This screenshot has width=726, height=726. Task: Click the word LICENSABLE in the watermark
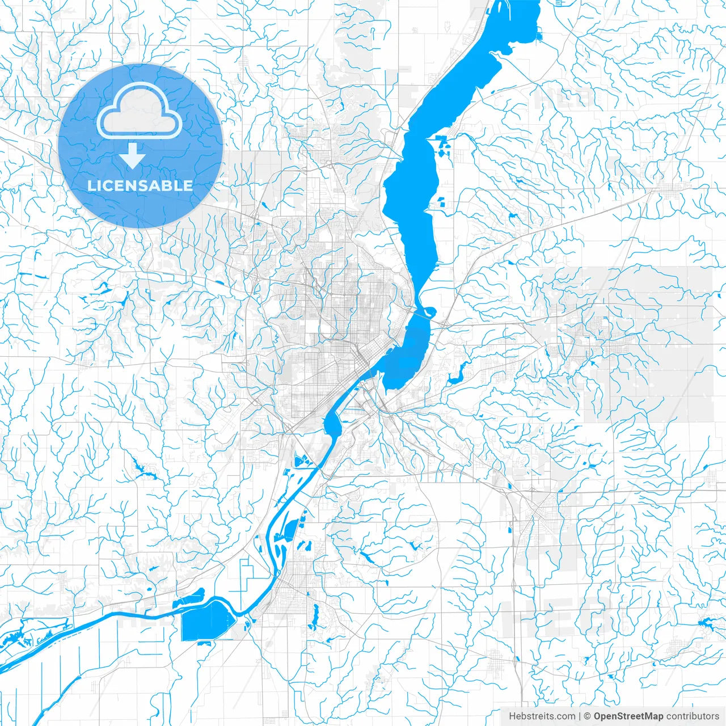(x=140, y=185)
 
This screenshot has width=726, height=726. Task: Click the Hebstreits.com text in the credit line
(x=542, y=716)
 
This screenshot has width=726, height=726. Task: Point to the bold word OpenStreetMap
(x=628, y=716)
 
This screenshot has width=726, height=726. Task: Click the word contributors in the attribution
(x=692, y=716)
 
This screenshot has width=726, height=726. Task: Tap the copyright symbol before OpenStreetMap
(x=588, y=716)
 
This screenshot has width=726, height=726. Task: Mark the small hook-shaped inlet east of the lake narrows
(x=430, y=311)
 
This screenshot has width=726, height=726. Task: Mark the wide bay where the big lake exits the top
(x=516, y=23)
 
